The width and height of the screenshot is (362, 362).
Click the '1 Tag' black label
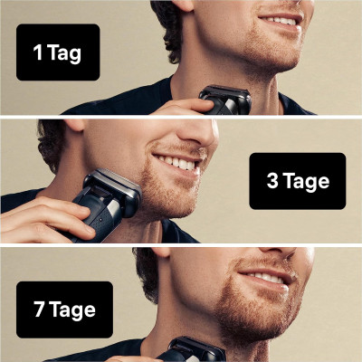click(x=58, y=52)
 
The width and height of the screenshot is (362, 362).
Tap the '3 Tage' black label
click(x=298, y=181)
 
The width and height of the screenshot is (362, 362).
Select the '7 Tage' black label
click(x=64, y=310)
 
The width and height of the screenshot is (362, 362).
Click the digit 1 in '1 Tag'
click(x=38, y=52)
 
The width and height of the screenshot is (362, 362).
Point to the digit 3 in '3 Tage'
click(x=272, y=181)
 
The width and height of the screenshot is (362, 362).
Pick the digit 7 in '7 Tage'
click(x=40, y=309)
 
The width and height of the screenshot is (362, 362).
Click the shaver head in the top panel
click(x=225, y=99)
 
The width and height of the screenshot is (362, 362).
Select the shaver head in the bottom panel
click(x=196, y=349)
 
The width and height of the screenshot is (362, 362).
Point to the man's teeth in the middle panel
click(x=176, y=162)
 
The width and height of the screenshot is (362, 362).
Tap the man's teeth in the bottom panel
click(x=264, y=277)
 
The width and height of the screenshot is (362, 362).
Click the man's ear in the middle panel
click(x=74, y=124)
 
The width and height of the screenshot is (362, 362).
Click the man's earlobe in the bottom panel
click(x=165, y=252)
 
